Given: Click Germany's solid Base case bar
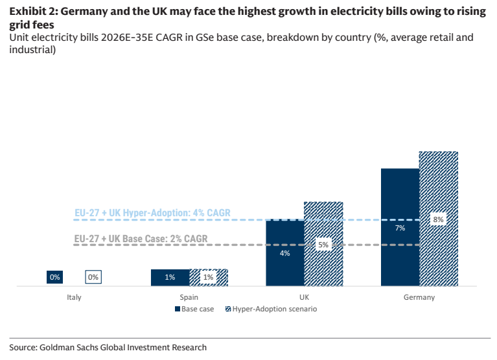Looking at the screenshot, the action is click(x=400, y=227).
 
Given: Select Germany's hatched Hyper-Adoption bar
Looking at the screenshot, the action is click(x=439, y=219).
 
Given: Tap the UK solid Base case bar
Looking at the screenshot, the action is click(x=285, y=253).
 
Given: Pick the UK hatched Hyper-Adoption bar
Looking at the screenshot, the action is click(x=323, y=244).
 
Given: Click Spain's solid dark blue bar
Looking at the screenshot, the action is click(x=170, y=278).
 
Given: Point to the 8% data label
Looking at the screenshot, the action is click(x=439, y=219).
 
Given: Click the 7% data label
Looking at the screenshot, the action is click(x=400, y=228).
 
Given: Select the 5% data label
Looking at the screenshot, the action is click(x=323, y=245).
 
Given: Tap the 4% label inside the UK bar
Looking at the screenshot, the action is click(x=285, y=253).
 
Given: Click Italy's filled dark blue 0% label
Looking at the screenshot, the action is click(x=55, y=277).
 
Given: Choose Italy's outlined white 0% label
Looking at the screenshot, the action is click(x=93, y=277).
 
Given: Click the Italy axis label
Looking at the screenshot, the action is click(x=74, y=297).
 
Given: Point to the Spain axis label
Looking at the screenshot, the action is click(x=189, y=297).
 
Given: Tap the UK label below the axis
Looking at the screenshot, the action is click(x=305, y=297).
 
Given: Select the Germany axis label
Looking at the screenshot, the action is click(x=419, y=297).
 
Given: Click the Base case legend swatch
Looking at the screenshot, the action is click(x=178, y=309).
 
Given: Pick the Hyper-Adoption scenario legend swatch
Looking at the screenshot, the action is click(x=228, y=309).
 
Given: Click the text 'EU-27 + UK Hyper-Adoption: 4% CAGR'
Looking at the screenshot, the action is click(x=152, y=213).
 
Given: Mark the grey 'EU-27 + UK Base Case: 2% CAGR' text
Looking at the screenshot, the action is click(x=141, y=238).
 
